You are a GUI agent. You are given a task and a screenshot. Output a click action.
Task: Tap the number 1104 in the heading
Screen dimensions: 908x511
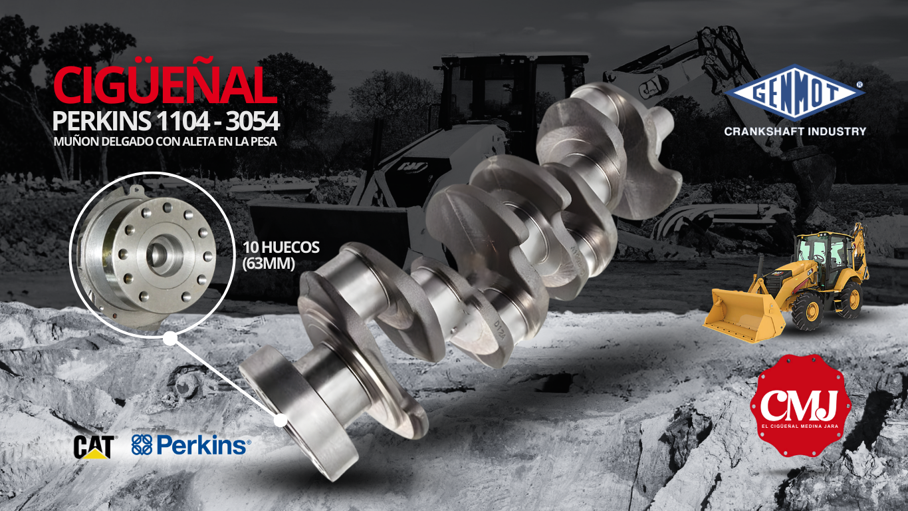click(x=183, y=121)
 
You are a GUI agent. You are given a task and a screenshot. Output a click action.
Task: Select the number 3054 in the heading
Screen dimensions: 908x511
click(x=253, y=121)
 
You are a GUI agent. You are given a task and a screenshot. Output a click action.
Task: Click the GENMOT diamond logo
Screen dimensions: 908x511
click(x=794, y=93)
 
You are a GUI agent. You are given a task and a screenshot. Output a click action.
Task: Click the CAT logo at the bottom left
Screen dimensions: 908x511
click(x=94, y=447)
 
